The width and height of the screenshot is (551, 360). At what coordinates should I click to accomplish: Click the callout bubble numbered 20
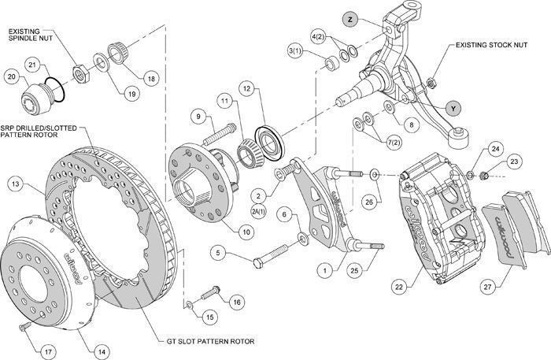coord(11,76)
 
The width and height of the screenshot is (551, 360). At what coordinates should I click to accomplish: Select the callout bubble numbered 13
coord(14,184)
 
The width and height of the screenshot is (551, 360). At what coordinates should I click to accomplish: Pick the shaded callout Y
coord(452,105)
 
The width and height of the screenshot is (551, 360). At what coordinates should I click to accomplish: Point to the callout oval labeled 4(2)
coord(318,37)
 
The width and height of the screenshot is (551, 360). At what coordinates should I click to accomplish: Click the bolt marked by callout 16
coord(209,294)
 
